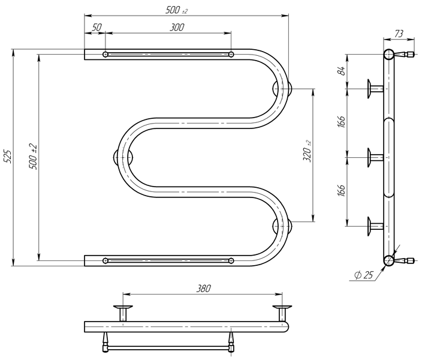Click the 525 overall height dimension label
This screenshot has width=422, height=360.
pos(8,156)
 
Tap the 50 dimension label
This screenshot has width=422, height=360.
pos(97,27)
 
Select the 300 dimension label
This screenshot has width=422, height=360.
pos(177,27)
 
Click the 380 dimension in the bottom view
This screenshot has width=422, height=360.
pos(203,289)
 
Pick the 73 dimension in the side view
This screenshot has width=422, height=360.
pos(399,34)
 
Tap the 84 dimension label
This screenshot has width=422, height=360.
pos(341,71)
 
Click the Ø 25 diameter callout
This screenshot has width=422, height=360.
pos(364,275)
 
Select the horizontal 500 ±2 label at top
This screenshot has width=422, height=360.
pos(177,10)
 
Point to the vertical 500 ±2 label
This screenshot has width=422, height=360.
pos(34,157)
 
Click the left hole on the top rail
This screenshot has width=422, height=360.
pos(106,55)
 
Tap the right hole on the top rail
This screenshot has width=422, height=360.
pos(231,55)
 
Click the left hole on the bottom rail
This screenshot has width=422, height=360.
pos(106,260)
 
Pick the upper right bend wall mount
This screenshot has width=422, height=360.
pos(282,89)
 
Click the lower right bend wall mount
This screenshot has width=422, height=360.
pos(282,226)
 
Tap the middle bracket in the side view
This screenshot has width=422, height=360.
pos(375,157)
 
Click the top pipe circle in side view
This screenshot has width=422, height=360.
pos(388,55)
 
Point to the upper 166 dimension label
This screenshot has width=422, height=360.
pos(341,122)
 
